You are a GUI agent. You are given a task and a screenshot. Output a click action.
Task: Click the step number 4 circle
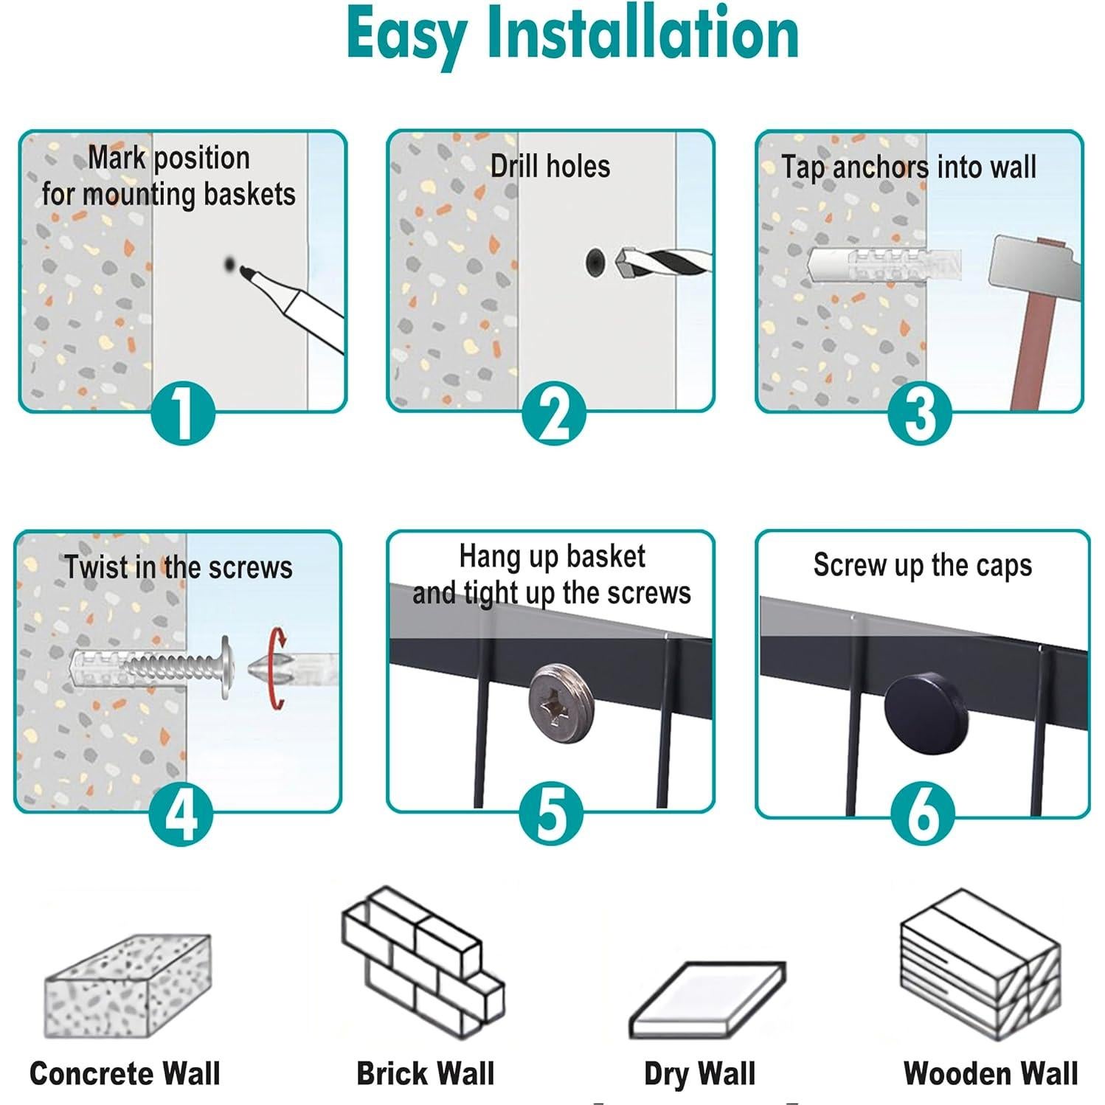[x=181, y=814]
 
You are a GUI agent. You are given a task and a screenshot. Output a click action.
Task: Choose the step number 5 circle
[x=552, y=814]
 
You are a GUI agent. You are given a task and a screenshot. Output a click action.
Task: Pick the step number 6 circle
[x=923, y=814]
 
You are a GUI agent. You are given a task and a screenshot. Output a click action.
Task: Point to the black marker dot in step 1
[x=231, y=264]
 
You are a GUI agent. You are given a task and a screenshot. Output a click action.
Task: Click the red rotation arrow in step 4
[x=277, y=668]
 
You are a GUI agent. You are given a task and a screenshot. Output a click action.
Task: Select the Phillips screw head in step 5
[x=558, y=702]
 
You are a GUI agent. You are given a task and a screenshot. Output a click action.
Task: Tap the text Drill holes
[x=550, y=167]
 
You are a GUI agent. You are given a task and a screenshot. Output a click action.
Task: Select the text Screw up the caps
[x=922, y=566]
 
